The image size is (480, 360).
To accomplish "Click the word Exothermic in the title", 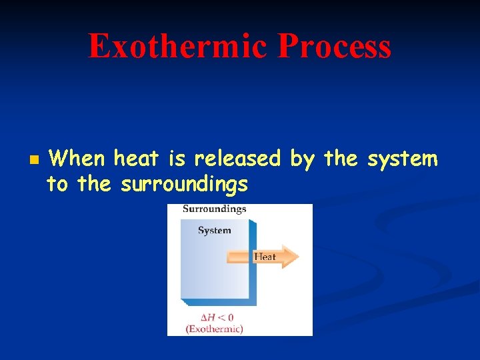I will pyautogui.click(x=177, y=47).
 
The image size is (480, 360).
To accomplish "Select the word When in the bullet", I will pyautogui.click(x=77, y=159).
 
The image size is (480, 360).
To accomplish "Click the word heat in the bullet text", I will pyautogui.click(x=137, y=159).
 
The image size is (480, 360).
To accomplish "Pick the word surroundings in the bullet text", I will pyautogui.click(x=184, y=184).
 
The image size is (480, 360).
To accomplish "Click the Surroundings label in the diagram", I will pyautogui.click(x=214, y=209).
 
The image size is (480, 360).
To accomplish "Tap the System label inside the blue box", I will pyautogui.click(x=214, y=231).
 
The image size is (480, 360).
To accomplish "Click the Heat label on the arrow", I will pyautogui.click(x=265, y=257).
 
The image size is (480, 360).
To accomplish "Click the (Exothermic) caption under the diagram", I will pyautogui.click(x=214, y=329).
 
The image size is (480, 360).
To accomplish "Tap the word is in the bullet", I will pyautogui.click(x=177, y=159).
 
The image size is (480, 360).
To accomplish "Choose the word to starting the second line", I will pyautogui.click(x=57, y=184).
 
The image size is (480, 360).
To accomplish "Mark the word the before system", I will pyautogui.click(x=339, y=159).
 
